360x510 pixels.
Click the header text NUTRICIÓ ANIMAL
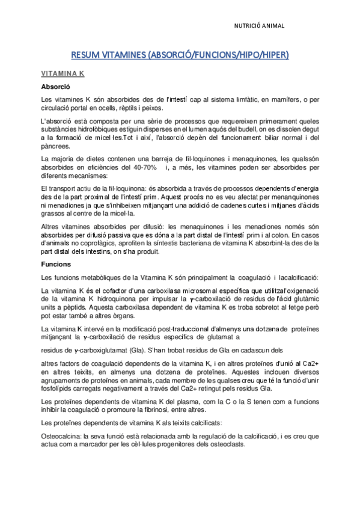(259, 26)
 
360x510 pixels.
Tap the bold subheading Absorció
(53, 87)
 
